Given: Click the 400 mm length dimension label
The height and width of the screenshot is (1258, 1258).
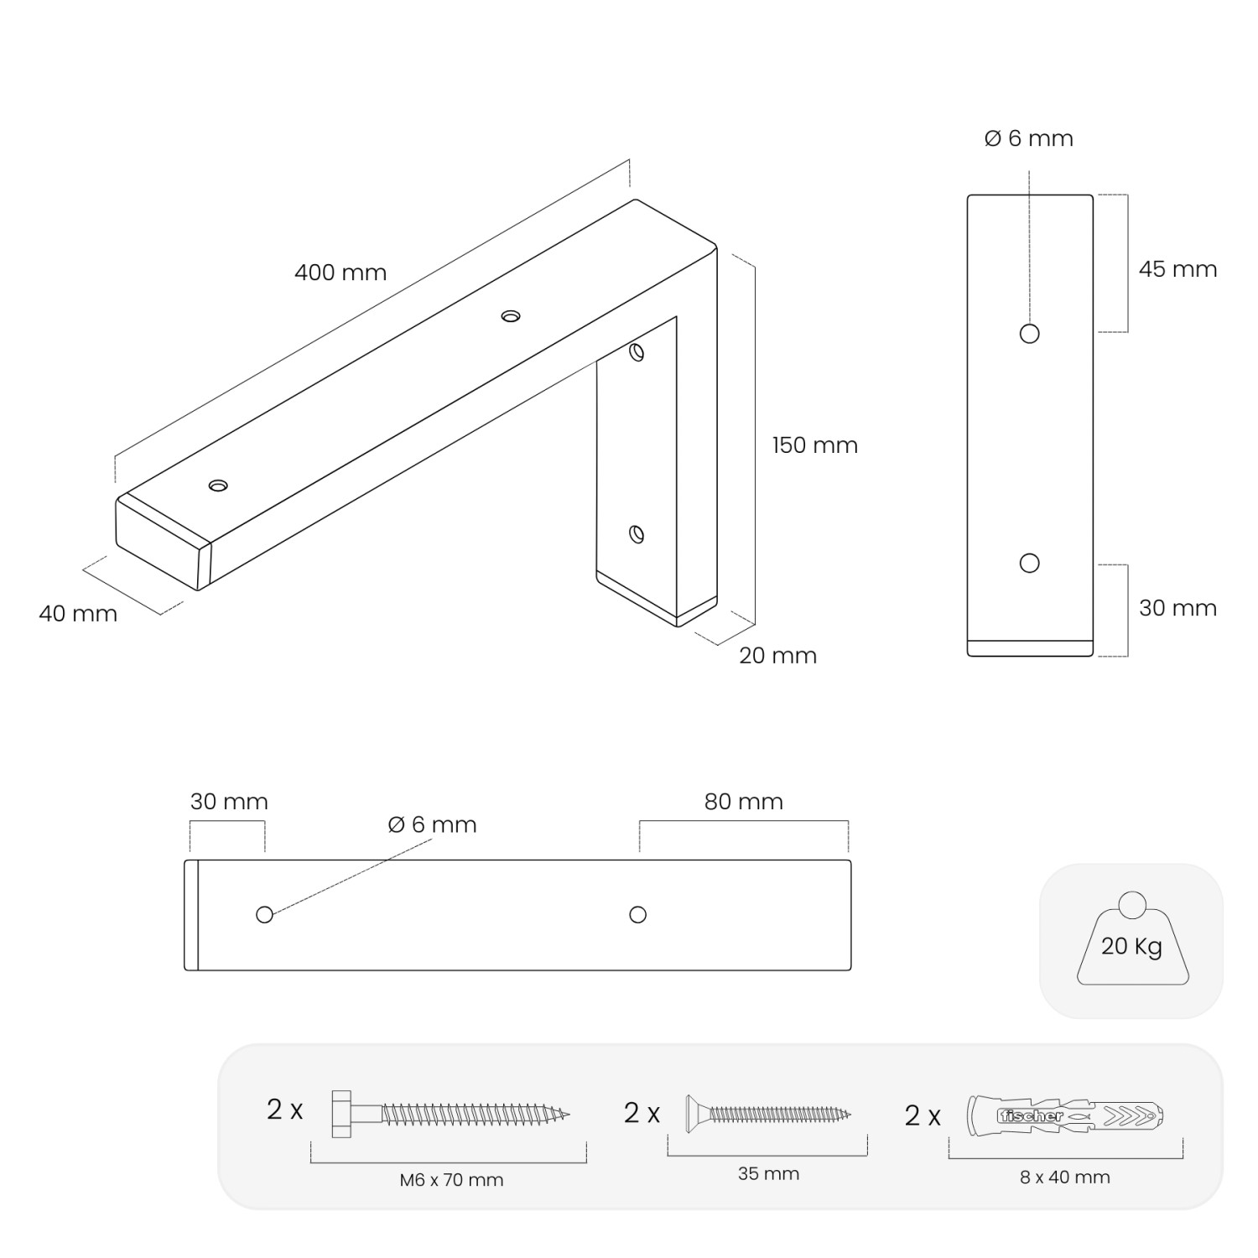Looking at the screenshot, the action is [x=340, y=273].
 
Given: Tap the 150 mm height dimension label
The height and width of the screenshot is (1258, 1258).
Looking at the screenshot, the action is [x=815, y=445].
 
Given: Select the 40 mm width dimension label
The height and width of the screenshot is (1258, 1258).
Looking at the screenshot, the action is [x=78, y=614].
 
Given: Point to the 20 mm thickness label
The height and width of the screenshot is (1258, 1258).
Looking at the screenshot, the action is [x=777, y=656].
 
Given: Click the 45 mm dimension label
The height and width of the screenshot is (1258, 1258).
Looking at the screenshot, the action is [x=1177, y=269].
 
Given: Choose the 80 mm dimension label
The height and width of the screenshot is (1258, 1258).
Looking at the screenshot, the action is [x=744, y=802].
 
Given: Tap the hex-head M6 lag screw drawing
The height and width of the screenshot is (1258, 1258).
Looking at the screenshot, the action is [x=451, y=1115].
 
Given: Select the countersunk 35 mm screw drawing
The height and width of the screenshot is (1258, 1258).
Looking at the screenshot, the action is [x=768, y=1115].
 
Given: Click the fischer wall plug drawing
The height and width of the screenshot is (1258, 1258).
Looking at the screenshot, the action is [x=1065, y=1115].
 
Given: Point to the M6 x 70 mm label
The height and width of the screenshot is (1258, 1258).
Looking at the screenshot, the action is [x=451, y=1180].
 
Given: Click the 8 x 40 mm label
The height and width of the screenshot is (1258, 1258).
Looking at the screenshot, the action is [x=1065, y=1177].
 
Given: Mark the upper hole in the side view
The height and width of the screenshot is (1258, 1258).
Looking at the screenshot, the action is [x=1030, y=334].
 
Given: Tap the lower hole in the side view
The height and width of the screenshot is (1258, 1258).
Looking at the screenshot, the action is [x=1030, y=563].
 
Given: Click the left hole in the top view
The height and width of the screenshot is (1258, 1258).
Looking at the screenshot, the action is [x=264, y=915].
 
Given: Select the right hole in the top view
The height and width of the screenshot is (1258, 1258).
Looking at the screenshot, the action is [x=638, y=915].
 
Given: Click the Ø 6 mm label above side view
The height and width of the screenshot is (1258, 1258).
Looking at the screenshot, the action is [x=1029, y=138].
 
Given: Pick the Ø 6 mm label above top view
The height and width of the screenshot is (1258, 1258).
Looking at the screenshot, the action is [x=433, y=825].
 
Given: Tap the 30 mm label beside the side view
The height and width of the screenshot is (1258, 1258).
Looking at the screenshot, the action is [x=1177, y=608].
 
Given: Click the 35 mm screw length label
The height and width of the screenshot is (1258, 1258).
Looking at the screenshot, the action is [x=768, y=1174].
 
